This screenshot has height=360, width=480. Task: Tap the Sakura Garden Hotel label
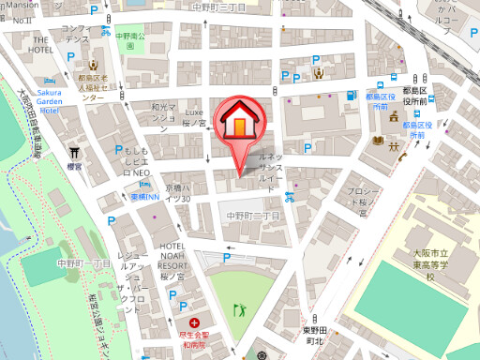[x=37, y=101]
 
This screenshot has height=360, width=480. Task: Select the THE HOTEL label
[x=40, y=45]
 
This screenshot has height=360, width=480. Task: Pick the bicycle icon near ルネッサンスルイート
[x=291, y=197]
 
